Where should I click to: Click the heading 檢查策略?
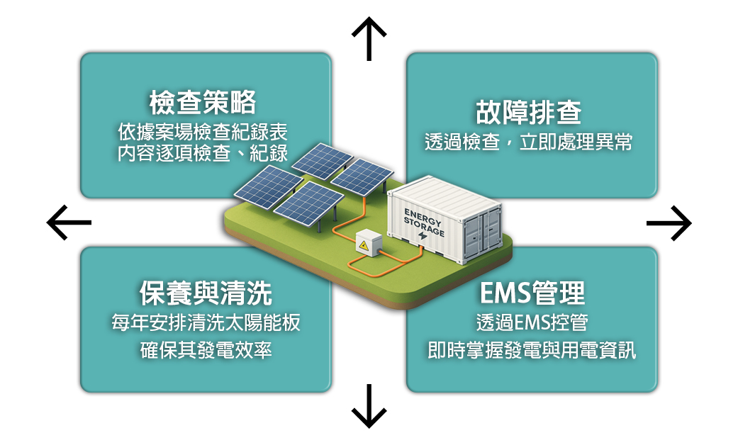[203, 102]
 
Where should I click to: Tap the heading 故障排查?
[529, 113]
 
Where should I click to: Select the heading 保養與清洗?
[206, 293]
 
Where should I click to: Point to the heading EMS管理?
[532, 293]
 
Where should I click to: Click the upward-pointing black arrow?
[369, 39]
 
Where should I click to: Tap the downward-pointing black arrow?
[369, 406]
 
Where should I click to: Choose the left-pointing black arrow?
[69, 222]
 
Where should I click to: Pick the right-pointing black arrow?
[669, 222]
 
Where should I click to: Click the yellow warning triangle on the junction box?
[364, 245]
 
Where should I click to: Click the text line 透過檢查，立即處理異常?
[529, 142]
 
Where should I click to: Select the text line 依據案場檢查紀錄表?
[202, 132]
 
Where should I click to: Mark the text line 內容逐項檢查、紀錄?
[202, 153]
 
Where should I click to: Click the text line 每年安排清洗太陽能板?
[206, 322]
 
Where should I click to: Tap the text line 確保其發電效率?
[206, 350]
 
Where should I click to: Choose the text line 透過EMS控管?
[532, 322]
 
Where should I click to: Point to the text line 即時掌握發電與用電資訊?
[532, 350]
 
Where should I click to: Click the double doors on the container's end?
[483, 234]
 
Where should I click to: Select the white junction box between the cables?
[369, 243]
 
